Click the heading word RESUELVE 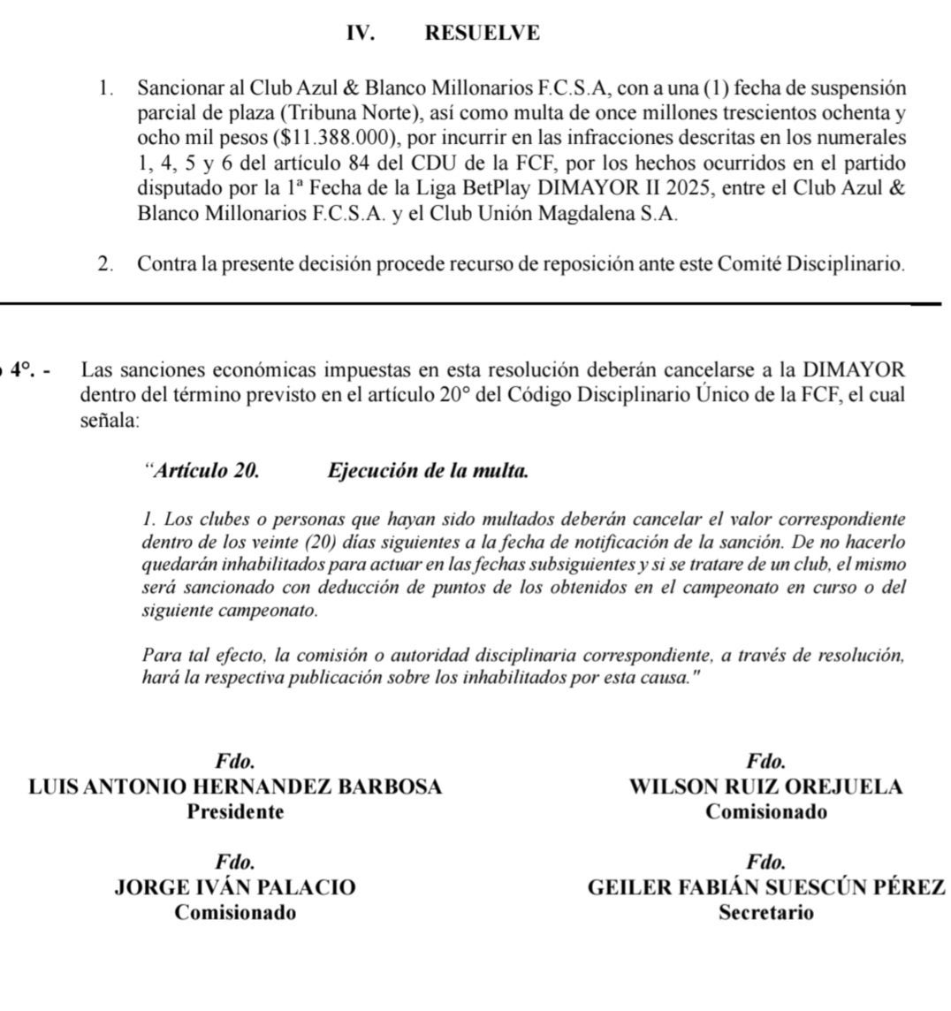pyautogui.click(x=482, y=34)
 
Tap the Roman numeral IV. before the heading pyautogui.click(x=360, y=34)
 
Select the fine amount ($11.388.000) pyautogui.click(x=326, y=140)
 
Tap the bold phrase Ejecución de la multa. pyautogui.click(x=428, y=471)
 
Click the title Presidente pyautogui.click(x=235, y=812)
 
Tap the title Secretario pyautogui.click(x=765, y=913)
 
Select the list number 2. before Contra pyautogui.click(x=106, y=264)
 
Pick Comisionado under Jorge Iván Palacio pyautogui.click(x=235, y=913)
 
